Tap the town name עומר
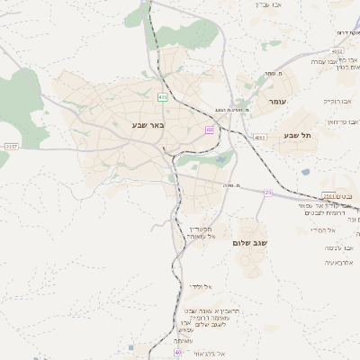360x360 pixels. coord(276,103)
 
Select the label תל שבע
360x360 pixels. coord(297,135)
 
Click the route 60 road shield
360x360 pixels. coord(209,130)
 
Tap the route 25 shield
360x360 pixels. coord(267,193)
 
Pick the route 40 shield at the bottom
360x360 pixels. coord(177,353)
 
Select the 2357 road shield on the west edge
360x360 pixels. coord(11,145)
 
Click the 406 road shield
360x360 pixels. coord(162,96)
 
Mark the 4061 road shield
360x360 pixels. coord(259,137)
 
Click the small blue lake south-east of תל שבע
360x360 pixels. coord(306,171)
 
